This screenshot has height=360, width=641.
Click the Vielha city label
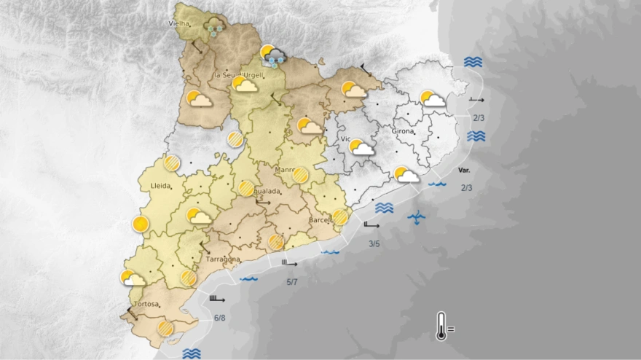pos(179,23)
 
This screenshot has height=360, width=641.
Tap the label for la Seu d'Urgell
pos(237,75)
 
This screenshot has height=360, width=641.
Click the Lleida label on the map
pos(160,186)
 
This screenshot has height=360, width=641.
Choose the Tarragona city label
pos(223,259)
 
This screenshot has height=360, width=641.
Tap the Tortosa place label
pos(146,304)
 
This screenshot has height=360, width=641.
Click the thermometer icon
pos(441,326)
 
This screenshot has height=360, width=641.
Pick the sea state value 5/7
pos(292,282)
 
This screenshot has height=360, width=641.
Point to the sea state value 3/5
pos(374,243)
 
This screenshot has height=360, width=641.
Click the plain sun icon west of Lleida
pos(141,224)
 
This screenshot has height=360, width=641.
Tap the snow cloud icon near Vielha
pos(214,27)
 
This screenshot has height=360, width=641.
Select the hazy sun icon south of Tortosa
pos(165,329)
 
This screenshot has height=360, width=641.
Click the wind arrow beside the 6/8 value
pos(217,299)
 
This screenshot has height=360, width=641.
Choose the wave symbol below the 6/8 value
pos(192,353)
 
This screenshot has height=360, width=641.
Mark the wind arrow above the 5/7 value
pos(289,264)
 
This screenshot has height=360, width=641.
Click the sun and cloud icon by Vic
pos(361,149)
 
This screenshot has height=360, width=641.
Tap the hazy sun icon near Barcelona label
pos(340,217)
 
